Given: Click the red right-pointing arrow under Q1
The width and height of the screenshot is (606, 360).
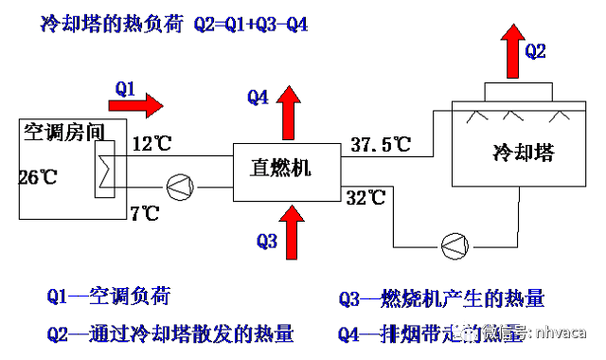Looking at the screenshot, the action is (135, 106).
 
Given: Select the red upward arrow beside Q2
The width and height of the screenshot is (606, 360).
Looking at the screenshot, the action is (512, 51).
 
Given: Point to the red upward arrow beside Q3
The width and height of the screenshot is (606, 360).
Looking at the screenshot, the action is (292, 231).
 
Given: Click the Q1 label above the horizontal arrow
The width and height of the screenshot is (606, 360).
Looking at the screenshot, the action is (126, 88).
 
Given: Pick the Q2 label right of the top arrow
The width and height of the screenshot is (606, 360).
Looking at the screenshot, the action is (535, 52).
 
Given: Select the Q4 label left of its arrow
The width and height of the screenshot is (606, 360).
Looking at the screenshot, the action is (258, 97).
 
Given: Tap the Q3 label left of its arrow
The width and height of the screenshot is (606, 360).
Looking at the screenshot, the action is (267, 241).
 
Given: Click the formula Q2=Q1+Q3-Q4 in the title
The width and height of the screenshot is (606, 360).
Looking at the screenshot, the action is (250, 25).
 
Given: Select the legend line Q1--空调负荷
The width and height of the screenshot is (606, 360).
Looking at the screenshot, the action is (108, 297).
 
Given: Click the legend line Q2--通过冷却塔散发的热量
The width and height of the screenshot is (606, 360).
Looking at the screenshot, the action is (169, 333).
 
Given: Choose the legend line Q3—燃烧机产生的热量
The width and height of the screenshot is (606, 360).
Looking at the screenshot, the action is (441, 299).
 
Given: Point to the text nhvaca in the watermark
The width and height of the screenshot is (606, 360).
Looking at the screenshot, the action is (561, 332).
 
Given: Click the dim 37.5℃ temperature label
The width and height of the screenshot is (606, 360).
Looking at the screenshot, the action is (381, 145).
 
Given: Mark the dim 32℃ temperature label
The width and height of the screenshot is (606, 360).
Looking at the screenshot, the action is (365, 198).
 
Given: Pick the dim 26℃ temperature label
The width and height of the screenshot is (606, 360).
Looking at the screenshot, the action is (38, 176).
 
